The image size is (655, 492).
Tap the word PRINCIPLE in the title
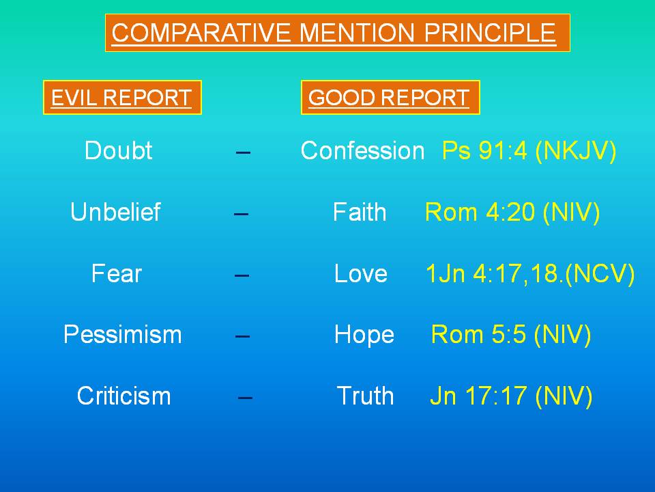coord(490,33)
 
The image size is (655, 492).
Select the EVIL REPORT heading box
coord(122,98)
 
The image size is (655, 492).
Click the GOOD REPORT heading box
coord(390,98)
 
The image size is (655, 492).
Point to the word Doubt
coord(118,150)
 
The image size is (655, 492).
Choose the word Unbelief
coord(115,212)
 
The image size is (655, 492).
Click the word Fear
coord(117,273)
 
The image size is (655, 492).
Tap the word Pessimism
coord(122,335)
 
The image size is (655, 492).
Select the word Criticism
coord(123,396)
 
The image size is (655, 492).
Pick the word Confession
coord(362,150)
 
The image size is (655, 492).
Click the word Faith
coord(360,212)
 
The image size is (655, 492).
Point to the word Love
coord(360,273)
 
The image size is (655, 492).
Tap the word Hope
coord(364,336)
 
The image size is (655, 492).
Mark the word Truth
coord(365,396)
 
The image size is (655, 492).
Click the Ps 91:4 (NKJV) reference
coord(529,150)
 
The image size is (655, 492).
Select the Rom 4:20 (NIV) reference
coord(512,212)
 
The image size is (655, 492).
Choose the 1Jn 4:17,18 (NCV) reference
coord(530,274)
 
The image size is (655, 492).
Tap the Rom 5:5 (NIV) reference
coord(511,335)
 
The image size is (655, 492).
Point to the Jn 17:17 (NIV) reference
coord(511,396)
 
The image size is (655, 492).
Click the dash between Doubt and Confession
coord(243,152)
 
